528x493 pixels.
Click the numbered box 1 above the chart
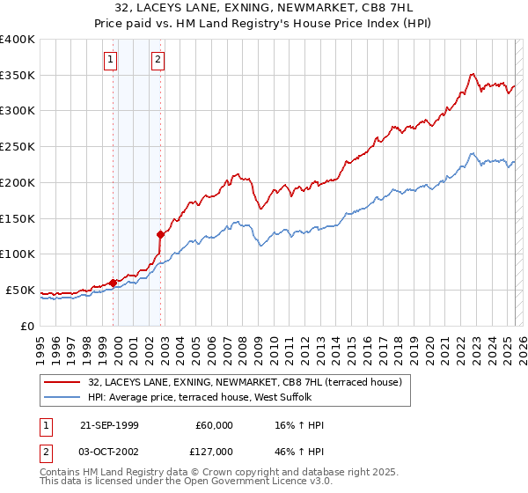coord(111,60)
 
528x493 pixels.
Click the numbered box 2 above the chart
coord(158,60)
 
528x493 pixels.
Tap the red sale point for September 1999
coord(114,283)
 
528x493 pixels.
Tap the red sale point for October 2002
coord(161,234)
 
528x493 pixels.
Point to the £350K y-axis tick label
coord(18,76)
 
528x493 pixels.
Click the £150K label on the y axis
coord(18,218)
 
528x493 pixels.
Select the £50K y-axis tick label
coord(21,290)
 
